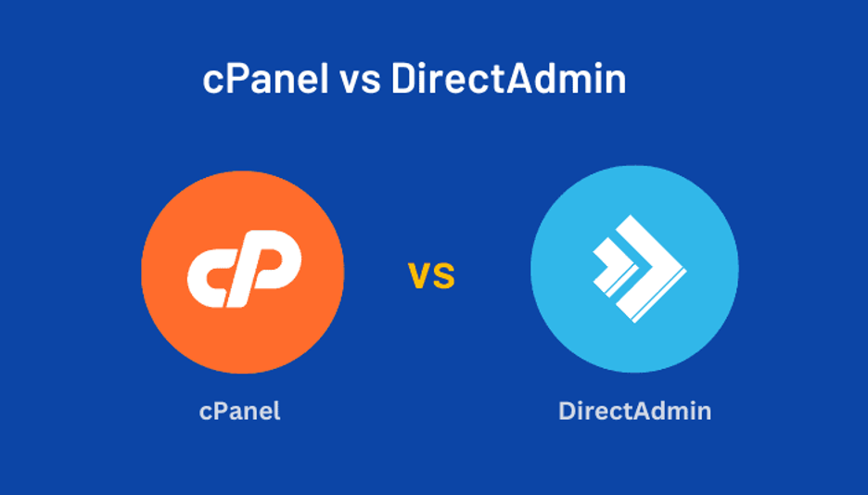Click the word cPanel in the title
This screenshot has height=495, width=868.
[x=266, y=78]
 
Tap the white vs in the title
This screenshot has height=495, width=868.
[x=361, y=82]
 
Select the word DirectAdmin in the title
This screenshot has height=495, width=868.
[x=509, y=78]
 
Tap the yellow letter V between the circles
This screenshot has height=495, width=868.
[x=419, y=276]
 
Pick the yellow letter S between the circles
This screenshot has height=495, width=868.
[x=443, y=276]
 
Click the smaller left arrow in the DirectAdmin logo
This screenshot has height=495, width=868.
[x=613, y=267]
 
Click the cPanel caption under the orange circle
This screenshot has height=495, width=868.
[x=239, y=411]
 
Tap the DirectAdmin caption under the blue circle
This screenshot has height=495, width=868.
[x=635, y=411]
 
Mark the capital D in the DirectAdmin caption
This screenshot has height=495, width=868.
[x=568, y=411]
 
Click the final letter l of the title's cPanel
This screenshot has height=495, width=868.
[x=325, y=78]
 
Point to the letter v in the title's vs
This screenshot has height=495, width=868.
[x=350, y=82]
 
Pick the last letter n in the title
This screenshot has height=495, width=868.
[x=616, y=82]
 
